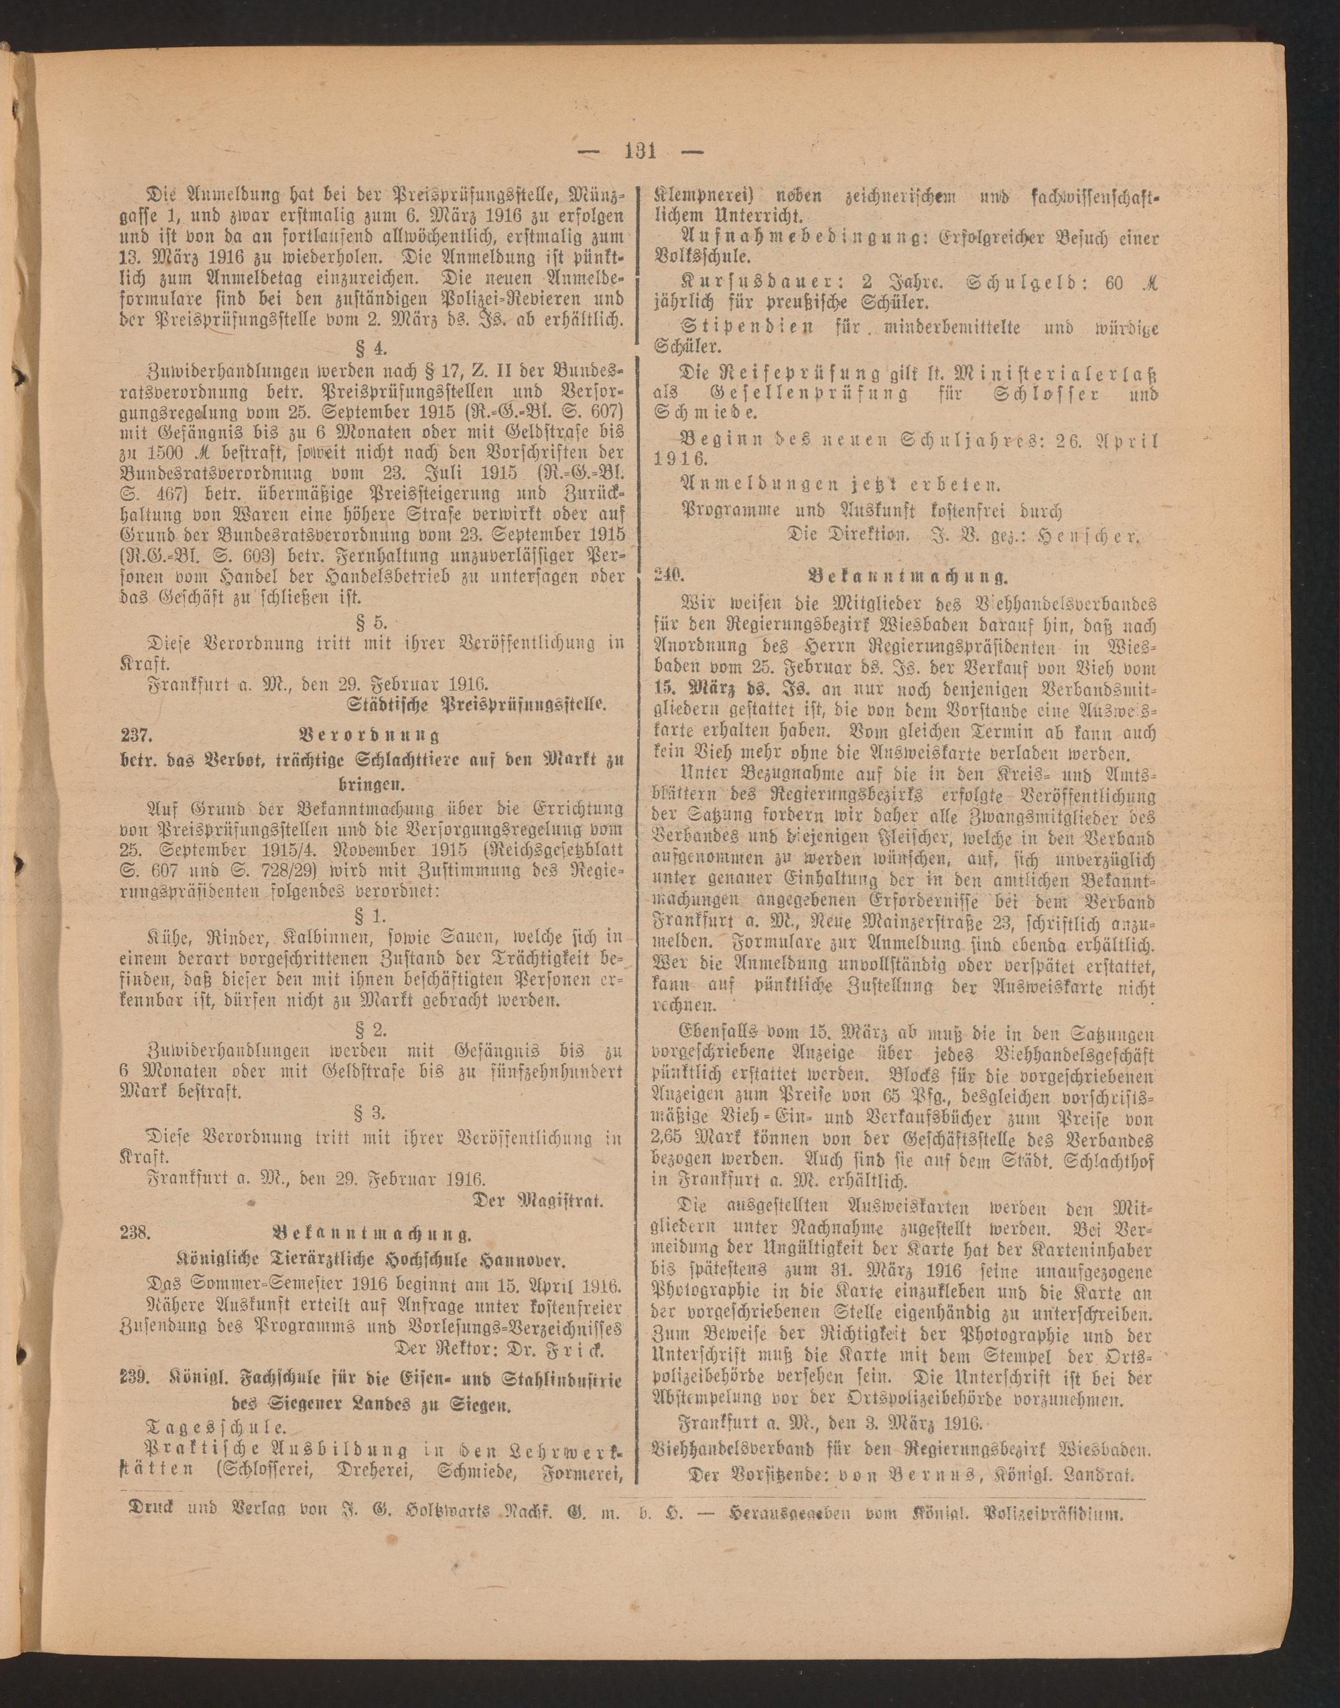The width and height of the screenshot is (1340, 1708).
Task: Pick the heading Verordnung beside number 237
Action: pyautogui.click(x=370, y=735)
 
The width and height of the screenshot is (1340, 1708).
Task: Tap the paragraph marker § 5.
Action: pyautogui.click(x=373, y=622)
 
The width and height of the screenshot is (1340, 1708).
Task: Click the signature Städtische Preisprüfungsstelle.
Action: pyautogui.click(x=480, y=704)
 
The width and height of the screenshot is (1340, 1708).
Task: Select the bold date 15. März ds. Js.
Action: pyautogui.click(x=734, y=689)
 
